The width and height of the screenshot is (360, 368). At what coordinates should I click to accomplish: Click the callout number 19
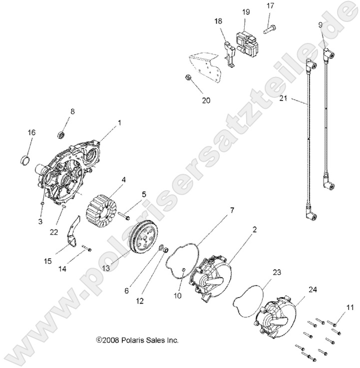pos(246,11)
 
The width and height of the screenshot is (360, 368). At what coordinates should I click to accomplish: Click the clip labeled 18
pos(230,50)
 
